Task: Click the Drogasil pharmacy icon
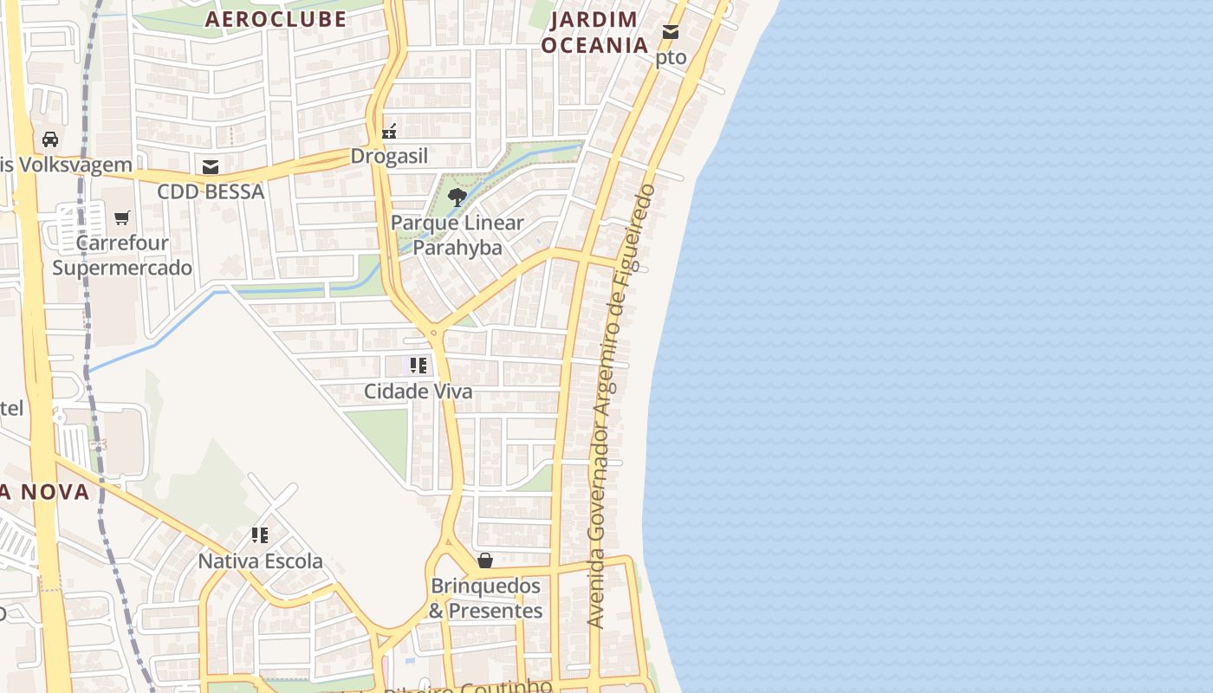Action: coord(389,132)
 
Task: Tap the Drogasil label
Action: coord(389,156)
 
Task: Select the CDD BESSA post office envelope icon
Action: coord(210,167)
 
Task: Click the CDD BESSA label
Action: coord(211,191)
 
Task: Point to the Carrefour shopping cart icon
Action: coord(122,217)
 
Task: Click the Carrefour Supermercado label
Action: coord(122,255)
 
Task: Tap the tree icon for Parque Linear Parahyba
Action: coord(457,198)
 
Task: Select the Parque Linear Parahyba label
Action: coord(457,235)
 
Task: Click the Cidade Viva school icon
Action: coord(418,366)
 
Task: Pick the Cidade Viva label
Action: coord(418,392)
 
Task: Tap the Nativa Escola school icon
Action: coord(260,535)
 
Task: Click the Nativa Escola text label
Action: coord(260,561)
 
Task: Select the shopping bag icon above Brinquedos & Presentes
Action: coord(485,560)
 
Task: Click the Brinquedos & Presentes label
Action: coord(486,599)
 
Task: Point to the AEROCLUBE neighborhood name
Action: coord(276,19)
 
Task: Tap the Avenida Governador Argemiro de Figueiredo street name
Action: coord(621,405)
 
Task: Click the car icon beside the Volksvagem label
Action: coord(50,139)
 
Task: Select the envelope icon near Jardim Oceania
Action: coord(671,32)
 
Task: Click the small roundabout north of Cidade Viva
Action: coord(433,332)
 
